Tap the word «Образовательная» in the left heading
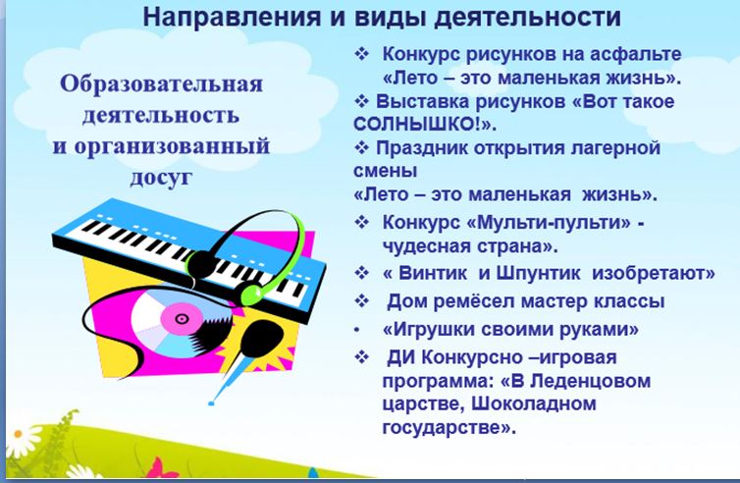point(161,84)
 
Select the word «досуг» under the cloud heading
point(161,178)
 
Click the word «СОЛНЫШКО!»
point(420,124)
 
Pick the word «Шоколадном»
point(533,403)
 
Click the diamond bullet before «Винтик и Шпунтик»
point(361,273)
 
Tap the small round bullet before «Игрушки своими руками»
point(357,330)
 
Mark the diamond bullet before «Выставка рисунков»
point(361,101)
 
